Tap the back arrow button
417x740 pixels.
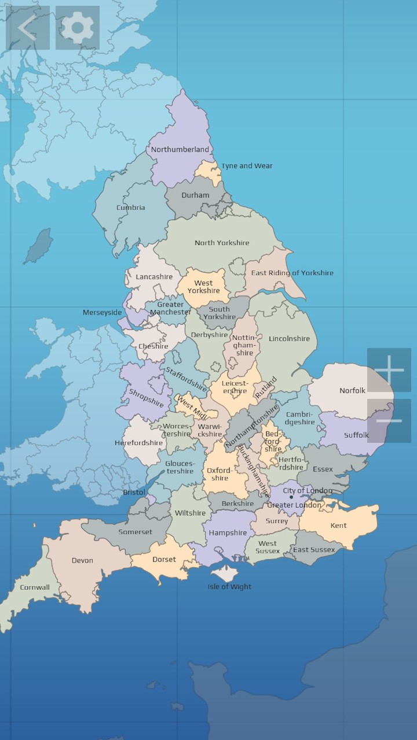[x=27, y=28]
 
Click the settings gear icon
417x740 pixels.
[x=78, y=28]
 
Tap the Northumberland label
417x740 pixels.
[x=180, y=149]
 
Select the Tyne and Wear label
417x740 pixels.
[x=247, y=166]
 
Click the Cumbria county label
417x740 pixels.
[x=131, y=208]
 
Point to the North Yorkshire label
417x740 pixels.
[x=222, y=243]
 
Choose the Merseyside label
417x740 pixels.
[x=102, y=313]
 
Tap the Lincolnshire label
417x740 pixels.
[x=289, y=339]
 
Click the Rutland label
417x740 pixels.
[x=266, y=387]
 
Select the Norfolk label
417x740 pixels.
[x=352, y=391]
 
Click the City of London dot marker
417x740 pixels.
[x=291, y=497]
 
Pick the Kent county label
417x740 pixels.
[x=338, y=526]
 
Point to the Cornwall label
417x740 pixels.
[x=35, y=587]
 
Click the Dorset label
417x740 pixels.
[x=164, y=560]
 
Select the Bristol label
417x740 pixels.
[x=134, y=493]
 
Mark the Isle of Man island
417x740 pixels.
[x=39, y=245]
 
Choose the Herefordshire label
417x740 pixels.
[x=138, y=443]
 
